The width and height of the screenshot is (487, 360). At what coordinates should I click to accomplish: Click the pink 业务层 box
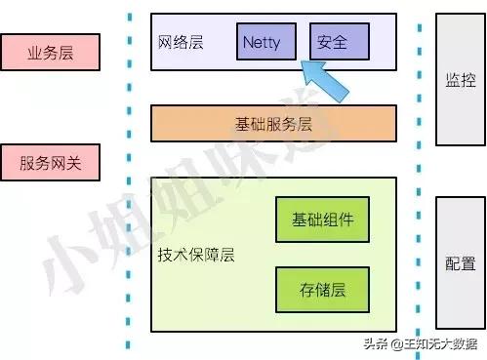pos(51,51)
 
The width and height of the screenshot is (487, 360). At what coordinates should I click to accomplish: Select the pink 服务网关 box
pos(51,163)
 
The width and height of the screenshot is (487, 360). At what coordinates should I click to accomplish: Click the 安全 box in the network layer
pos(339,43)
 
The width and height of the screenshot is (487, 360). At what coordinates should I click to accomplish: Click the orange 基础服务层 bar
pos(273,123)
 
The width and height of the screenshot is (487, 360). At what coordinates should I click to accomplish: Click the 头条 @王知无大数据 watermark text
pos(421,343)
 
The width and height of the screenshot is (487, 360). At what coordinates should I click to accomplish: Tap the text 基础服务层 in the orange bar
pos(273,123)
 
